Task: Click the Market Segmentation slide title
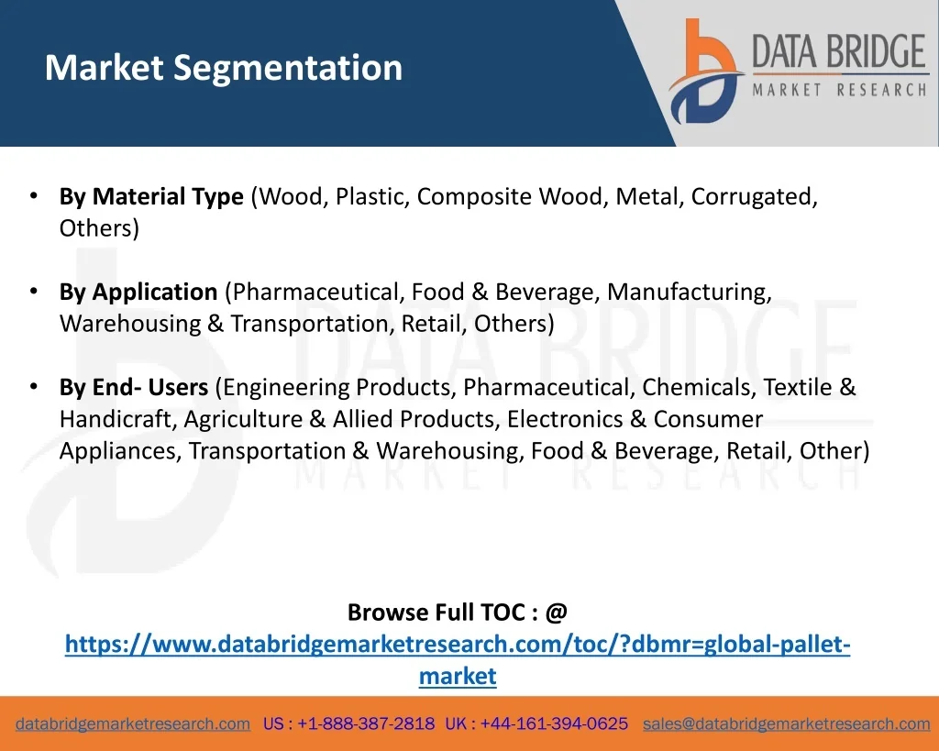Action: [x=223, y=68]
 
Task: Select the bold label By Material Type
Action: [x=151, y=196]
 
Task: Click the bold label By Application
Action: [x=138, y=292]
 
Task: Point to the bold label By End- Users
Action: [x=134, y=387]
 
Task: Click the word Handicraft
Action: [x=118, y=419]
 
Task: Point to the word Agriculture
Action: [x=243, y=419]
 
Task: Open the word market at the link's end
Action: [x=458, y=677]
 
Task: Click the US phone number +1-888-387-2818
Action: [x=366, y=723]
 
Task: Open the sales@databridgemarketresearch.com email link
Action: [x=786, y=723]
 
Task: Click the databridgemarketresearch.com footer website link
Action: [x=133, y=723]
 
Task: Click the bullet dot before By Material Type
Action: [x=33, y=195]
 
